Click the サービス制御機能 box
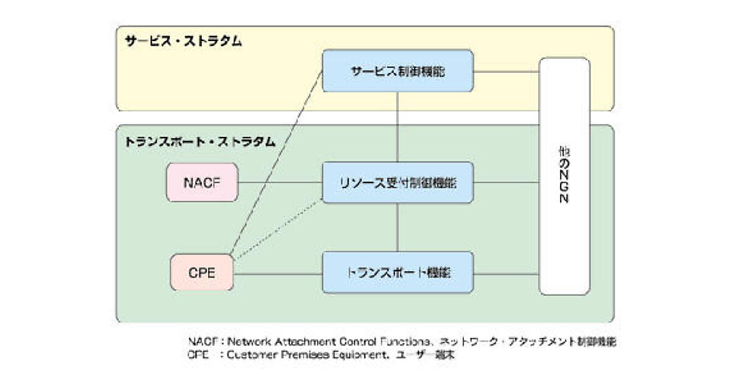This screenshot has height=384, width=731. pos(397,71)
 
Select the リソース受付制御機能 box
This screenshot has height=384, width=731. pos(397,182)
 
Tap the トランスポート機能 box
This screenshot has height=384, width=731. pos(397,272)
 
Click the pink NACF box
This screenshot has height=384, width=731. pos(202,182)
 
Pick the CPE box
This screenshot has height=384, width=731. pos(202,272)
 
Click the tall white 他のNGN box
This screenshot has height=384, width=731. pos(564,177)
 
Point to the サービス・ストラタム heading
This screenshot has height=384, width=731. pos(183,41)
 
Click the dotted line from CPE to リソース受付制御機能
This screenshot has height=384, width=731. pos(277,228)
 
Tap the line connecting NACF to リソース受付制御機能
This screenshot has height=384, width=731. pos(279,182)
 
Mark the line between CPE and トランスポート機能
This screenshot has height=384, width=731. pos(277,274)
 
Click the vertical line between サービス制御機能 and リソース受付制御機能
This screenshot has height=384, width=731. pos(397,127)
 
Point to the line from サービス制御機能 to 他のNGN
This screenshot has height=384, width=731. pos(506,71)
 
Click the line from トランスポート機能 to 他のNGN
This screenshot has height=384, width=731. pos(506,274)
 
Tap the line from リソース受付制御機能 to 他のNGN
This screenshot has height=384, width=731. pos(506,182)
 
